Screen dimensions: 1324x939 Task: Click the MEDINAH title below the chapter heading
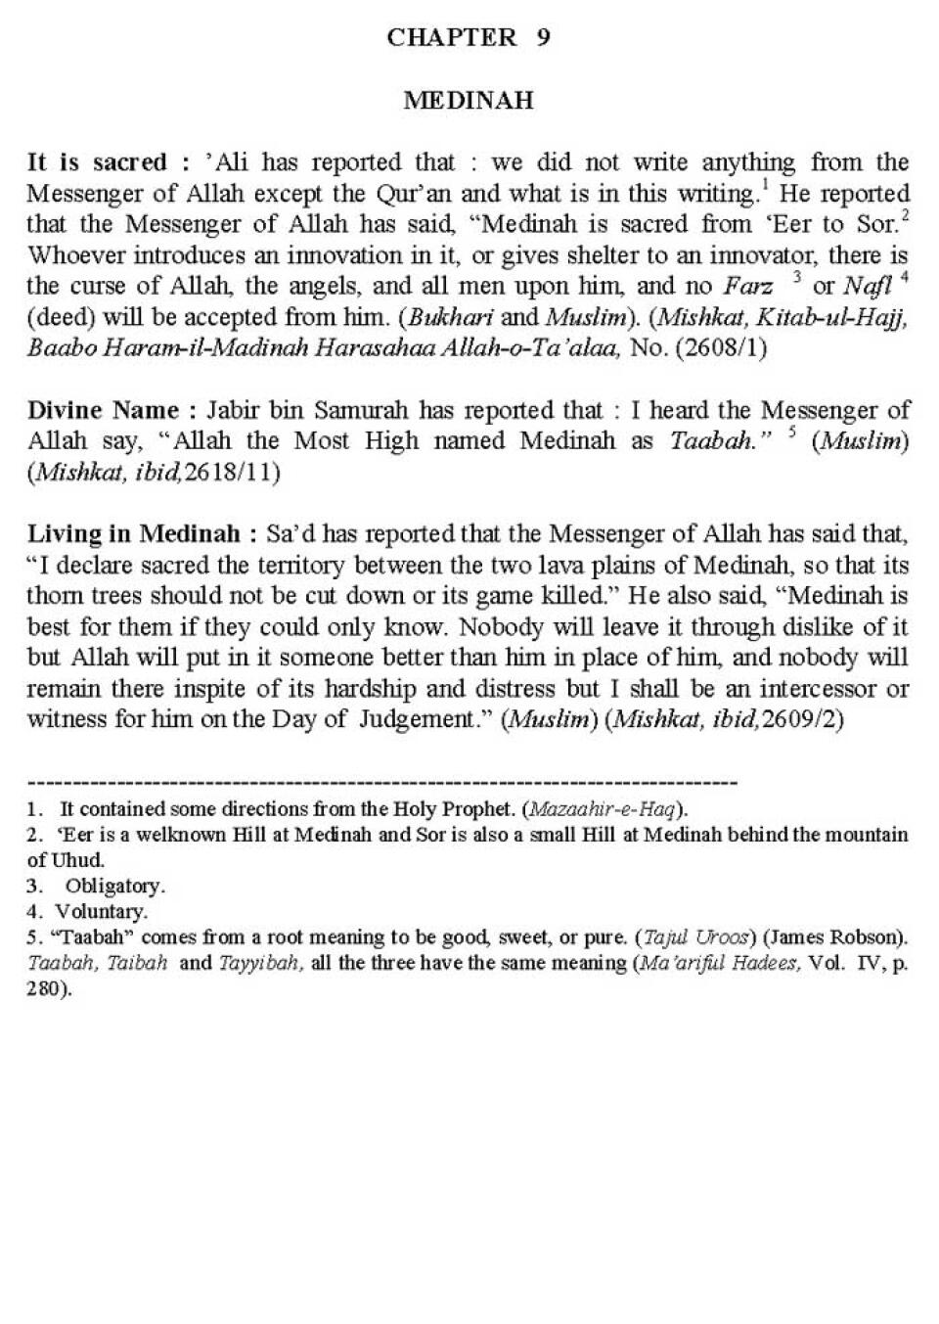tap(469, 100)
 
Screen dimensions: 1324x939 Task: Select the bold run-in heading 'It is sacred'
tap(96, 162)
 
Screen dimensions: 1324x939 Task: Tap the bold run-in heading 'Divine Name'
tap(103, 410)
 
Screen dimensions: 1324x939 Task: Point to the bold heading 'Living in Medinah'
tap(132, 534)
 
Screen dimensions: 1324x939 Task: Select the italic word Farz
tap(747, 287)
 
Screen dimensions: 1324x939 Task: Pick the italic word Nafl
tap(866, 287)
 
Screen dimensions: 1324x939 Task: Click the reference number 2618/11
tap(235, 473)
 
